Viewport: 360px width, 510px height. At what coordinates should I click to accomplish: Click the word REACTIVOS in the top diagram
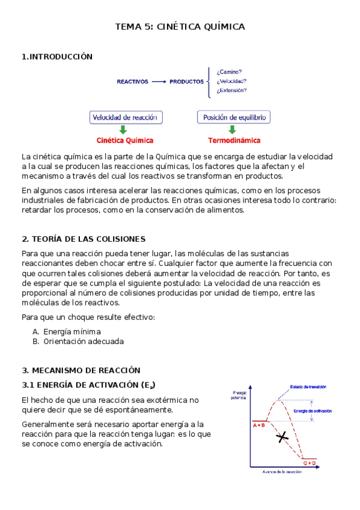(x=132, y=81)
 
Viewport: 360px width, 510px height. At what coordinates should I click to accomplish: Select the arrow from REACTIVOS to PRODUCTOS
(x=159, y=81)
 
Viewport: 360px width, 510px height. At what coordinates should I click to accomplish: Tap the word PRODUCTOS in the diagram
(x=186, y=81)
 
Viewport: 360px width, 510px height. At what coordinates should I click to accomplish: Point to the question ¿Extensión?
(x=231, y=90)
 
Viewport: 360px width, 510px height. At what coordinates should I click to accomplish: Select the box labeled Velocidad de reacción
(x=126, y=117)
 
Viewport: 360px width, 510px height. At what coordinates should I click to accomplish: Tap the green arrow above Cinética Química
(x=123, y=129)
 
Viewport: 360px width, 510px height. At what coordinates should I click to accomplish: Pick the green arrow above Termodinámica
(x=233, y=129)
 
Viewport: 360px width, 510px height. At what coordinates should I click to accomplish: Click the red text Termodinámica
(x=234, y=141)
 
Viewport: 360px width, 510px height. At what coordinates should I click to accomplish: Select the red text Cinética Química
(x=126, y=141)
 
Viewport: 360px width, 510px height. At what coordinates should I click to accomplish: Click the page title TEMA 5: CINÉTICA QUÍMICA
(x=180, y=27)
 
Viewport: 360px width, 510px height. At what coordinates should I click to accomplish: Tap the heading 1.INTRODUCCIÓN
(x=57, y=57)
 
